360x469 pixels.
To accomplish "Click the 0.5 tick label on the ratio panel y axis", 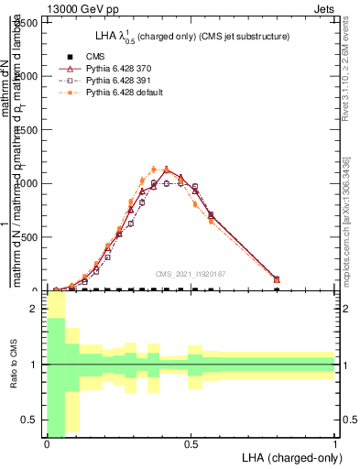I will [x=33, y=420].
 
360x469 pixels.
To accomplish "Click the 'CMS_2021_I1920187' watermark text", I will [x=191, y=273].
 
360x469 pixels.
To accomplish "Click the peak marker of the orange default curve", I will [x=165, y=169].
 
